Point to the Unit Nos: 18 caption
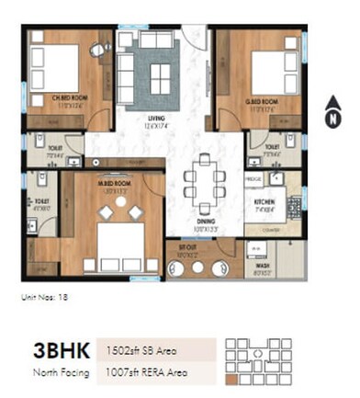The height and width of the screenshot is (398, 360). click(44, 297)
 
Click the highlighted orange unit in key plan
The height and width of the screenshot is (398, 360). click(232, 377)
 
